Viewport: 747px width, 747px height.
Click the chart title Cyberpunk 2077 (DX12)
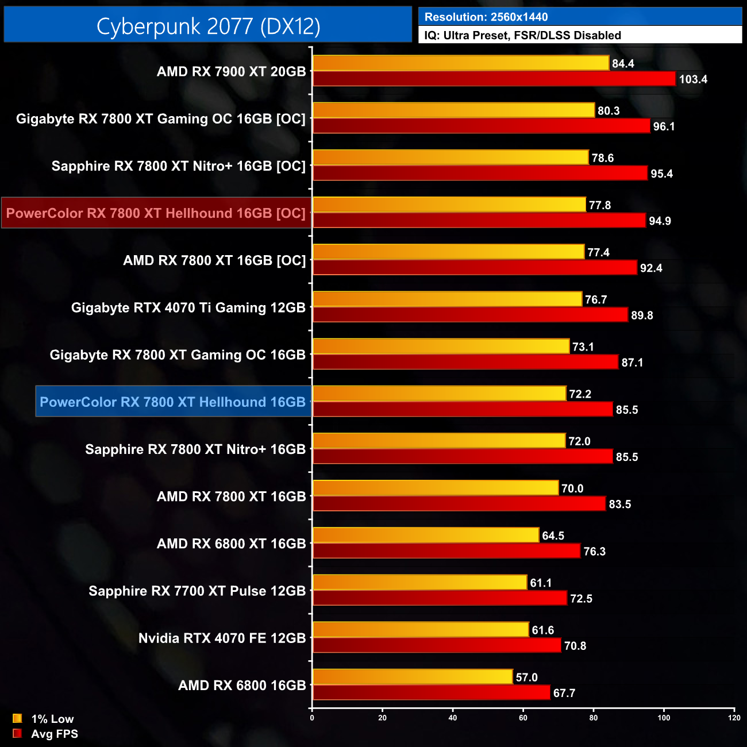[208, 26]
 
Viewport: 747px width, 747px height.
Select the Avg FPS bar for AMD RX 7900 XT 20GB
[494, 79]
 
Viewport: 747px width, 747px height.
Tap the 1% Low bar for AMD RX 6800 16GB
[413, 677]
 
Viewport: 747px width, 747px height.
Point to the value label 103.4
[693, 79]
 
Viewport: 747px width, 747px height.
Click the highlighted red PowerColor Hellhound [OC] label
[156, 213]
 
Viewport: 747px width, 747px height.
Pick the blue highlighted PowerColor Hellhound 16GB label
[173, 402]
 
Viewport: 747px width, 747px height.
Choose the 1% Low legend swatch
[17, 718]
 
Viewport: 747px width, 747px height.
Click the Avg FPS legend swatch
[17, 733]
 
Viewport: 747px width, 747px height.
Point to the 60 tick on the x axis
[523, 718]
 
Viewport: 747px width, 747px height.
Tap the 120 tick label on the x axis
[734, 718]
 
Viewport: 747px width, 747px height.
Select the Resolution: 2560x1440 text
[486, 17]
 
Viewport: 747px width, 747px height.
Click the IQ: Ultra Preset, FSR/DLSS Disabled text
[522, 36]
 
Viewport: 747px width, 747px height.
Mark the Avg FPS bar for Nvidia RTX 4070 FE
[437, 645]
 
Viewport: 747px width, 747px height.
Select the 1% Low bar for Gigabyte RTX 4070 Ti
[447, 299]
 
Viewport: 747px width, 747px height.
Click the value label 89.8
[642, 315]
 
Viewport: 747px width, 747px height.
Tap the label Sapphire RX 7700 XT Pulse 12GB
[197, 591]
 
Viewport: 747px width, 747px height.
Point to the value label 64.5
[553, 536]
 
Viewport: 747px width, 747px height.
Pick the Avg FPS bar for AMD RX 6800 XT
[446, 551]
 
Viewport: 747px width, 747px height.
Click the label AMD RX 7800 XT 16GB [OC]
[214, 260]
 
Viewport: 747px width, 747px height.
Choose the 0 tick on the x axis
[312, 718]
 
